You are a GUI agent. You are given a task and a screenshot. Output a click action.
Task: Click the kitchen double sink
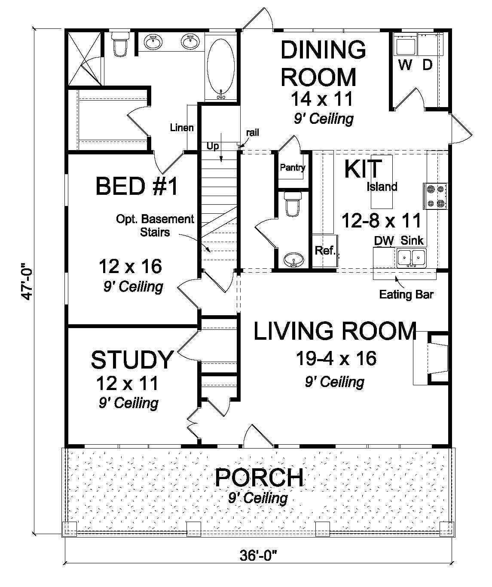click(411, 258)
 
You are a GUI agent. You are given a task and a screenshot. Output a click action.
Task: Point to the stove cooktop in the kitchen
click(436, 196)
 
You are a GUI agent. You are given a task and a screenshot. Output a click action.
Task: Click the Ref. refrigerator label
click(325, 251)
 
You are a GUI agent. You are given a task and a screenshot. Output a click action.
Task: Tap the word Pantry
click(292, 167)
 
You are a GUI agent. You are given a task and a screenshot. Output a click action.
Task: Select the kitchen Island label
click(382, 187)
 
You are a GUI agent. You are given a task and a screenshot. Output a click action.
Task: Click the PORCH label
click(259, 478)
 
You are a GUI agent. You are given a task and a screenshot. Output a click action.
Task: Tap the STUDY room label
click(132, 360)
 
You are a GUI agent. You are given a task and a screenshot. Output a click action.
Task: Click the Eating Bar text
click(406, 295)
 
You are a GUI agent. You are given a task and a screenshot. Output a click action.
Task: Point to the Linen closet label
click(181, 128)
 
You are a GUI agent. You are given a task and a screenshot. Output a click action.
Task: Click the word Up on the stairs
click(213, 146)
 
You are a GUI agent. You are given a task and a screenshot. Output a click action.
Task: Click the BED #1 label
click(136, 187)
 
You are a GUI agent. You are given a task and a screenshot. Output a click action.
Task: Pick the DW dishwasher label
click(384, 241)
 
